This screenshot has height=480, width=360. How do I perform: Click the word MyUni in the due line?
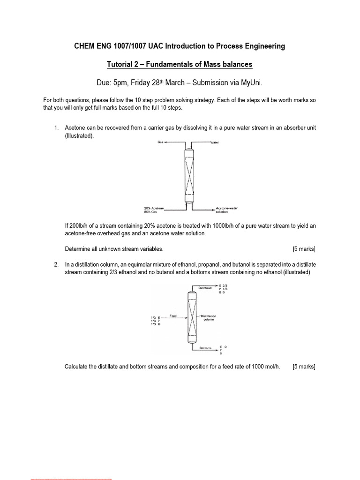click(x=250, y=83)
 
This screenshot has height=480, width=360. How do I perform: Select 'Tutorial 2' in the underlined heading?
click(x=122, y=64)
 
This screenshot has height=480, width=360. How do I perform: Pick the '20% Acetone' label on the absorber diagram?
click(x=154, y=208)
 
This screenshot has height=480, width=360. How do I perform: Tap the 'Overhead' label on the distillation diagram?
click(x=205, y=288)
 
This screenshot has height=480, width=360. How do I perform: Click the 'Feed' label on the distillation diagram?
click(x=172, y=315)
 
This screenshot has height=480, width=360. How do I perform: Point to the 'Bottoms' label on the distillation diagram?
click(x=206, y=348)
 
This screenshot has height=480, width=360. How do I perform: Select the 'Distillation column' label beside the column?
click(x=209, y=318)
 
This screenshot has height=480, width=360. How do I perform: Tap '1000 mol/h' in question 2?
click(x=266, y=367)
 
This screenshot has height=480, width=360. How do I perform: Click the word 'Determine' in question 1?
click(x=77, y=248)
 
